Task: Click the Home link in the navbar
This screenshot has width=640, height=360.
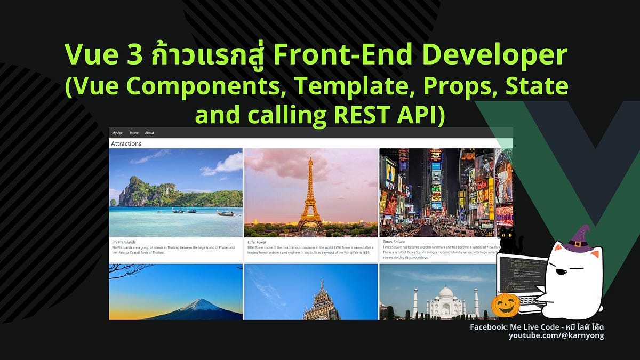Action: pyautogui.click(x=134, y=133)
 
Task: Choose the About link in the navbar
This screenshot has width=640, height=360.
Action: pyautogui.click(x=149, y=133)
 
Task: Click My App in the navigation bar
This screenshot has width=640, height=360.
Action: pyautogui.click(x=117, y=133)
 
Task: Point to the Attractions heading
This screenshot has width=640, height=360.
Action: pyautogui.click(x=126, y=144)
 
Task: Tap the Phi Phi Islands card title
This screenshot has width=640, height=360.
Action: pyautogui.click(x=124, y=242)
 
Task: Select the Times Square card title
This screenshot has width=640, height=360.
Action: pyautogui.click(x=394, y=242)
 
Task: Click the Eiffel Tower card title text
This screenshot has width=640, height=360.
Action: pyautogui.click(x=257, y=242)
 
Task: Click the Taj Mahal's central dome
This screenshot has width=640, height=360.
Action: pyautogui.click(x=445, y=293)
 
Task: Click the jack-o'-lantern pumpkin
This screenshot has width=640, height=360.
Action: pyautogui.click(x=505, y=304)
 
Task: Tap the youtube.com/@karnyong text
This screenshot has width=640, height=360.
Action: pyautogui.click(x=556, y=335)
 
